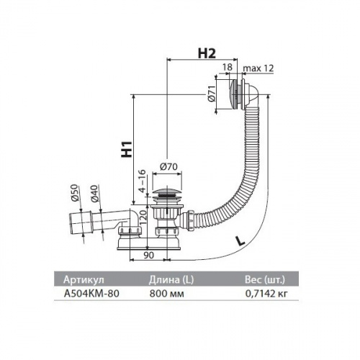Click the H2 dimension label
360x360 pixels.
[207, 53]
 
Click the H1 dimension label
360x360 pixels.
[127, 149]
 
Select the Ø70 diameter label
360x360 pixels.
[168, 166]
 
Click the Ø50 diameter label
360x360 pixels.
[75, 192]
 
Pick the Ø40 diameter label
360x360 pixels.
[94, 194]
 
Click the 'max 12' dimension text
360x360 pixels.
[258, 68]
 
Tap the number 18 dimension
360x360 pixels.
[227, 67]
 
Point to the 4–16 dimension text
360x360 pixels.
[143, 181]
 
